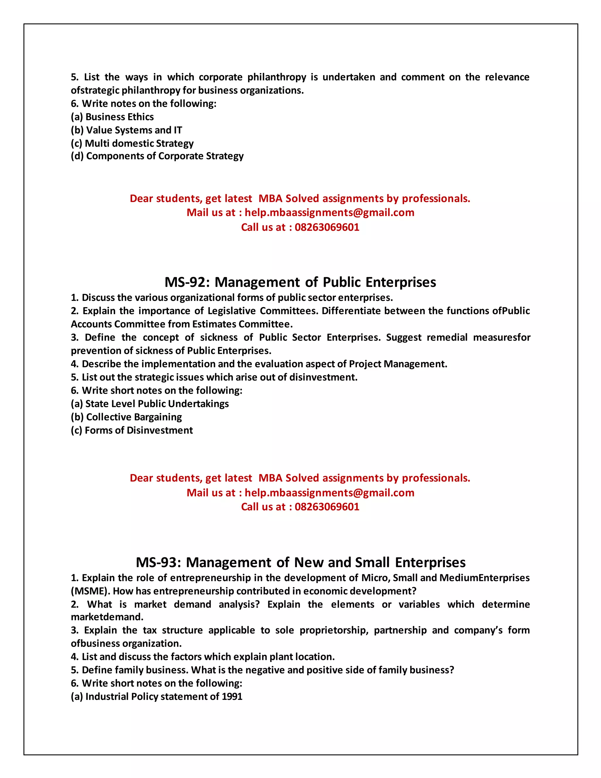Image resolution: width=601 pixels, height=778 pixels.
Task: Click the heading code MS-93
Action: pyautogui.click(x=158, y=562)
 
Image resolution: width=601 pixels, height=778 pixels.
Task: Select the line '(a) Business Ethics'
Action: pyautogui.click(x=112, y=117)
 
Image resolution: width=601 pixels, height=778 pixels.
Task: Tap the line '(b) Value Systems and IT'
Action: pyautogui.click(x=126, y=130)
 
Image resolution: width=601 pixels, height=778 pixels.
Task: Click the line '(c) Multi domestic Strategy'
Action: pyautogui.click(x=132, y=143)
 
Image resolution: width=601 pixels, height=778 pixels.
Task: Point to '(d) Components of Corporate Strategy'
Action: pyautogui.click(x=157, y=156)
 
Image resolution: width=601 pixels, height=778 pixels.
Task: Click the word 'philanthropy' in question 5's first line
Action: pyautogui.click(x=277, y=77)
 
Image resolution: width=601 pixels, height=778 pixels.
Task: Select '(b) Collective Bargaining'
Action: pyautogui.click(x=126, y=417)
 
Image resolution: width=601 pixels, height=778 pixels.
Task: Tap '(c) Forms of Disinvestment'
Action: pyautogui.click(x=132, y=430)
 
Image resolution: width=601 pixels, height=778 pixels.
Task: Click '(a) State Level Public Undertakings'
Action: pyautogui.click(x=150, y=404)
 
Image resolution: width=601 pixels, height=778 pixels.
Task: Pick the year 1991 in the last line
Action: pyautogui.click(x=232, y=696)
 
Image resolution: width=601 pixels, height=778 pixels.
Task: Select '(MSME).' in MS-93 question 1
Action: pyautogui.click(x=90, y=591)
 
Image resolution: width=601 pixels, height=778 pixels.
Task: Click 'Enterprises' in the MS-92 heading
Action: pyautogui.click(x=401, y=282)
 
